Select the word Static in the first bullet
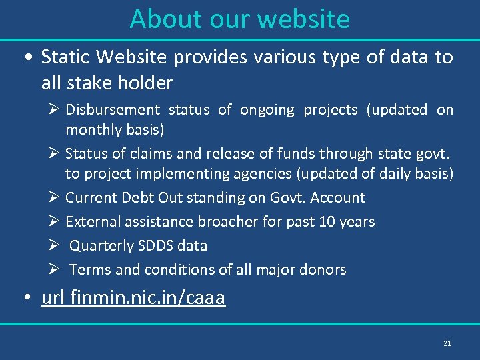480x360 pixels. click(x=67, y=57)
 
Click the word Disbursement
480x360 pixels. click(x=113, y=110)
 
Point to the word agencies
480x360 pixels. click(x=268, y=174)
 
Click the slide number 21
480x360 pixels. click(x=447, y=343)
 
